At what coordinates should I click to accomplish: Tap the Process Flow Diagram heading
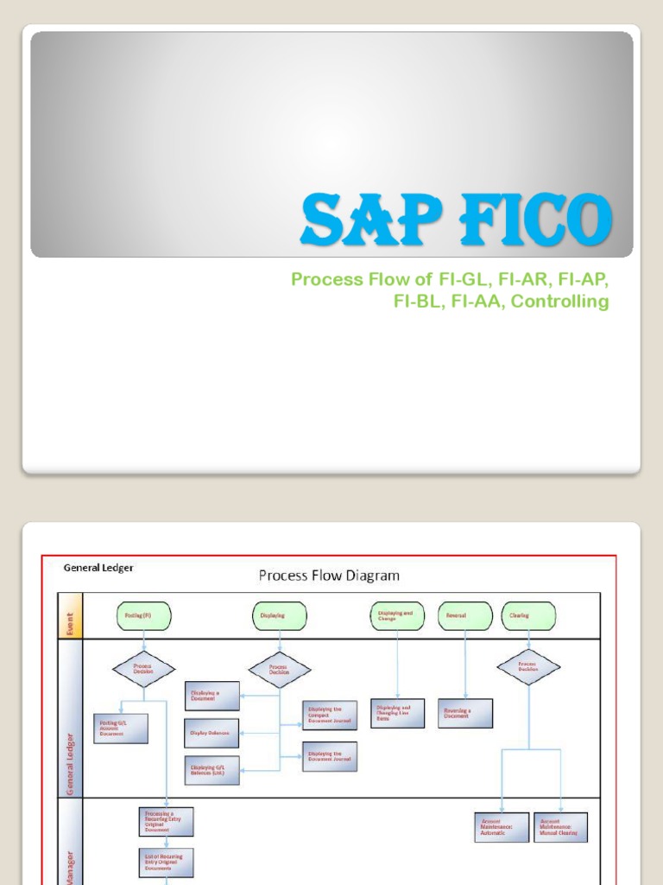pyautogui.click(x=329, y=575)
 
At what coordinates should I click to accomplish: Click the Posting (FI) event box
pyautogui.click(x=143, y=615)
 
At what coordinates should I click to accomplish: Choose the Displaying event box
pyautogui.click(x=279, y=615)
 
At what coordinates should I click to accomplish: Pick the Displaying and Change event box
pyautogui.click(x=397, y=614)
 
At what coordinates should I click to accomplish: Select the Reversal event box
pyautogui.click(x=465, y=615)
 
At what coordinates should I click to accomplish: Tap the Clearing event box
pyautogui.click(x=527, y=615)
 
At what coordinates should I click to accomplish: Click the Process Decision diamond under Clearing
pyautogui.click(x=527, y=667)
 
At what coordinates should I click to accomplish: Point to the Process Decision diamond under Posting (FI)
pyautogui.click(x=143, y=669)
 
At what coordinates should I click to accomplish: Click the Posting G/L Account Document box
pyautogui.click(x=121, y=728)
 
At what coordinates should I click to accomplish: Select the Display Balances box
pyautogui.click(x=212, y=733)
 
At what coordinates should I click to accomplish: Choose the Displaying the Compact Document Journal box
pyautogui.click(x=330, y=715)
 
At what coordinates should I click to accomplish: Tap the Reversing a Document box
pyautogui.click(x=466, y=713)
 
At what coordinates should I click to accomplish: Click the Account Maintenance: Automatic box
pyautogui.click(x=501, y=827)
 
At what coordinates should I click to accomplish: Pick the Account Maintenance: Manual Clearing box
pyautogui.click(x=561, y=827)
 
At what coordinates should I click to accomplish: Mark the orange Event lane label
pyautogui.click(x=70, y=615)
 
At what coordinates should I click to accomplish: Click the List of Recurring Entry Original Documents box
pyautogui.click(x=166, y=862)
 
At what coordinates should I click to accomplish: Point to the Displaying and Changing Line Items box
pyautogui.click(x=397, y=713)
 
